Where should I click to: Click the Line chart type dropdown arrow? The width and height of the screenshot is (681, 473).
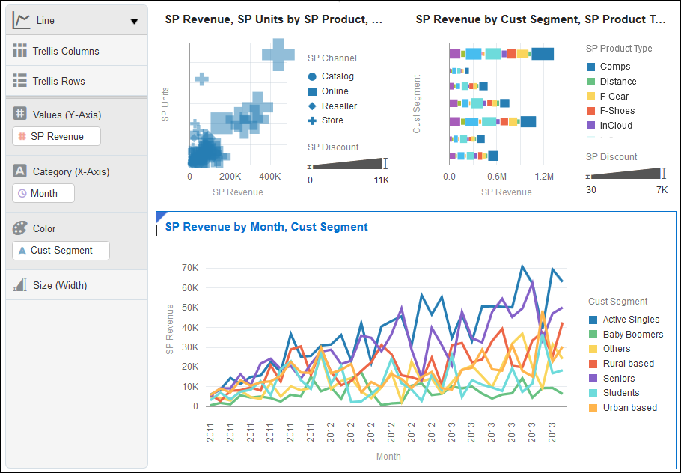coord(134,22)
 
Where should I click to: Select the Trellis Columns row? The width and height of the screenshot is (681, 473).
coord(66,52)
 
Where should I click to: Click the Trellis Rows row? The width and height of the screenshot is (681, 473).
coord(58,82)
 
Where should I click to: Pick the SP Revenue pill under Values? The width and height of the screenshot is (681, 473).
coord(58,136)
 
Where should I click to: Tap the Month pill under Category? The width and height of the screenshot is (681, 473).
coord(43,193)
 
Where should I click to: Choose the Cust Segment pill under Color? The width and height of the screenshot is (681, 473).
coord(61,251)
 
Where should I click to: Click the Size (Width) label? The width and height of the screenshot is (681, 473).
coord(60,285)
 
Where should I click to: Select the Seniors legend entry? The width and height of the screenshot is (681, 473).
coord(618,379)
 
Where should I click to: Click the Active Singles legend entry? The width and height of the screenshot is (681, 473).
coord(631,320)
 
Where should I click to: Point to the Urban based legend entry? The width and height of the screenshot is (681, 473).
coord(629,408)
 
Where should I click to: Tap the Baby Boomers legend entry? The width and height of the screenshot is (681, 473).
coord(632,335)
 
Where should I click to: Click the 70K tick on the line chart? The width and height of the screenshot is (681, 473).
coord(190,267)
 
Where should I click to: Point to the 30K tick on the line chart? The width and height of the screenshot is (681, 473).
coord(190,347)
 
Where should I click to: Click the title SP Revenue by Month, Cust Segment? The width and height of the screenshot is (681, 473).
coord(266,227)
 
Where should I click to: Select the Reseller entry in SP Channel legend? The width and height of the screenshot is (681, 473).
coord(339,106)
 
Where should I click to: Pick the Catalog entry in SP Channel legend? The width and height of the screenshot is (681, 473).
coord(338,76)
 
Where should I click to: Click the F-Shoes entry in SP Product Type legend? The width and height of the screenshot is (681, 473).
coord(617,111)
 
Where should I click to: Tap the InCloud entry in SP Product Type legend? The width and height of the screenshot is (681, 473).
coord(615,126)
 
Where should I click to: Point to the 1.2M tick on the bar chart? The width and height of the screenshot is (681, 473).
coord(545,177)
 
